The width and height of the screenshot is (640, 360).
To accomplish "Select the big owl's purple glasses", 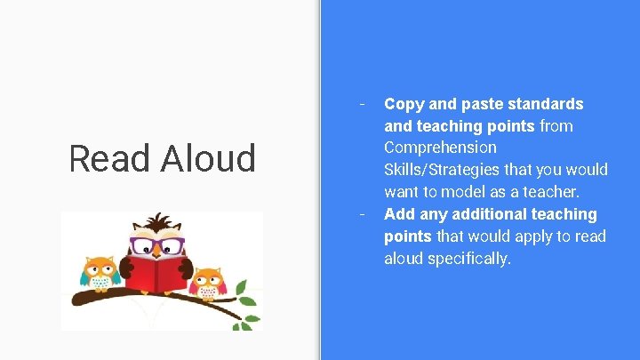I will click(158, 244).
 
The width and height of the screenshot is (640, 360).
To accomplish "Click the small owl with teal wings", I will click(100, 273).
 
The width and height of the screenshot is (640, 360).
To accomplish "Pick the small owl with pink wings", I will click(207, 282).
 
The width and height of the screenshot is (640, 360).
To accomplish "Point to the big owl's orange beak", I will click(158, 252).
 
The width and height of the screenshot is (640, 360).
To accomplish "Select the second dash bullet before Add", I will click(362, 212).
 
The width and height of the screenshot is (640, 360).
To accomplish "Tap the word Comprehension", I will click(440, 148).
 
